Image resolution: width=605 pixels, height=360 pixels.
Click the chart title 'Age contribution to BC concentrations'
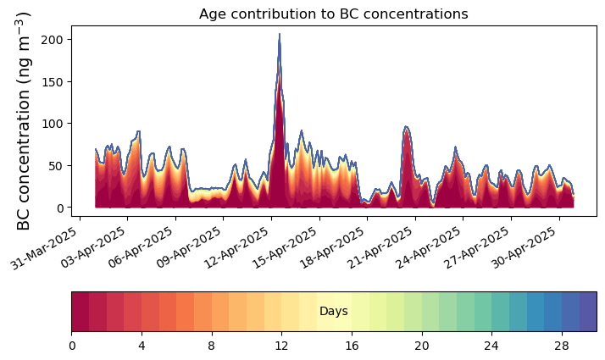click(333, 14)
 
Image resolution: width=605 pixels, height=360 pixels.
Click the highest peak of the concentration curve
click(280, 35)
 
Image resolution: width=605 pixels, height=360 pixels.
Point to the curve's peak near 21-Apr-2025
click(407, 127)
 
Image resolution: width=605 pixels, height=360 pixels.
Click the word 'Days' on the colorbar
click(333, 312)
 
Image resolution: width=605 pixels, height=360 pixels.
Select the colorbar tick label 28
click(561, 346)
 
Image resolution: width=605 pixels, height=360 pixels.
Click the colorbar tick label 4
click(142, 346)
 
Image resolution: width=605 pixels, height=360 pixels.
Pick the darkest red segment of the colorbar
click(80, 312)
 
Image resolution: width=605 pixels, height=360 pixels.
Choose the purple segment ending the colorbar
click(587, 312)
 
